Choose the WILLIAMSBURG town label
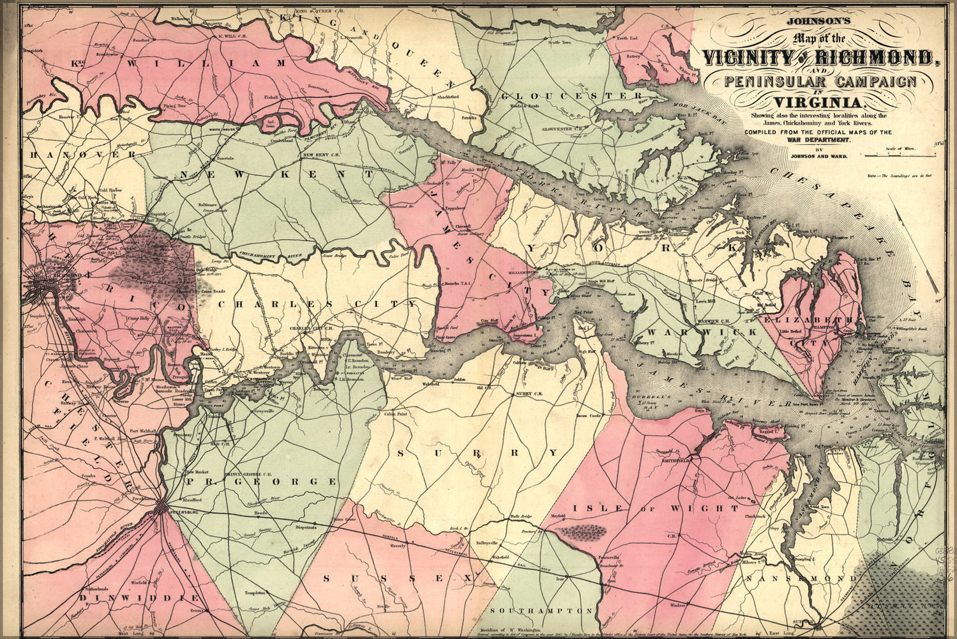(x=516, y=271)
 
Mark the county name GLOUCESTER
(x=571, y=96)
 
